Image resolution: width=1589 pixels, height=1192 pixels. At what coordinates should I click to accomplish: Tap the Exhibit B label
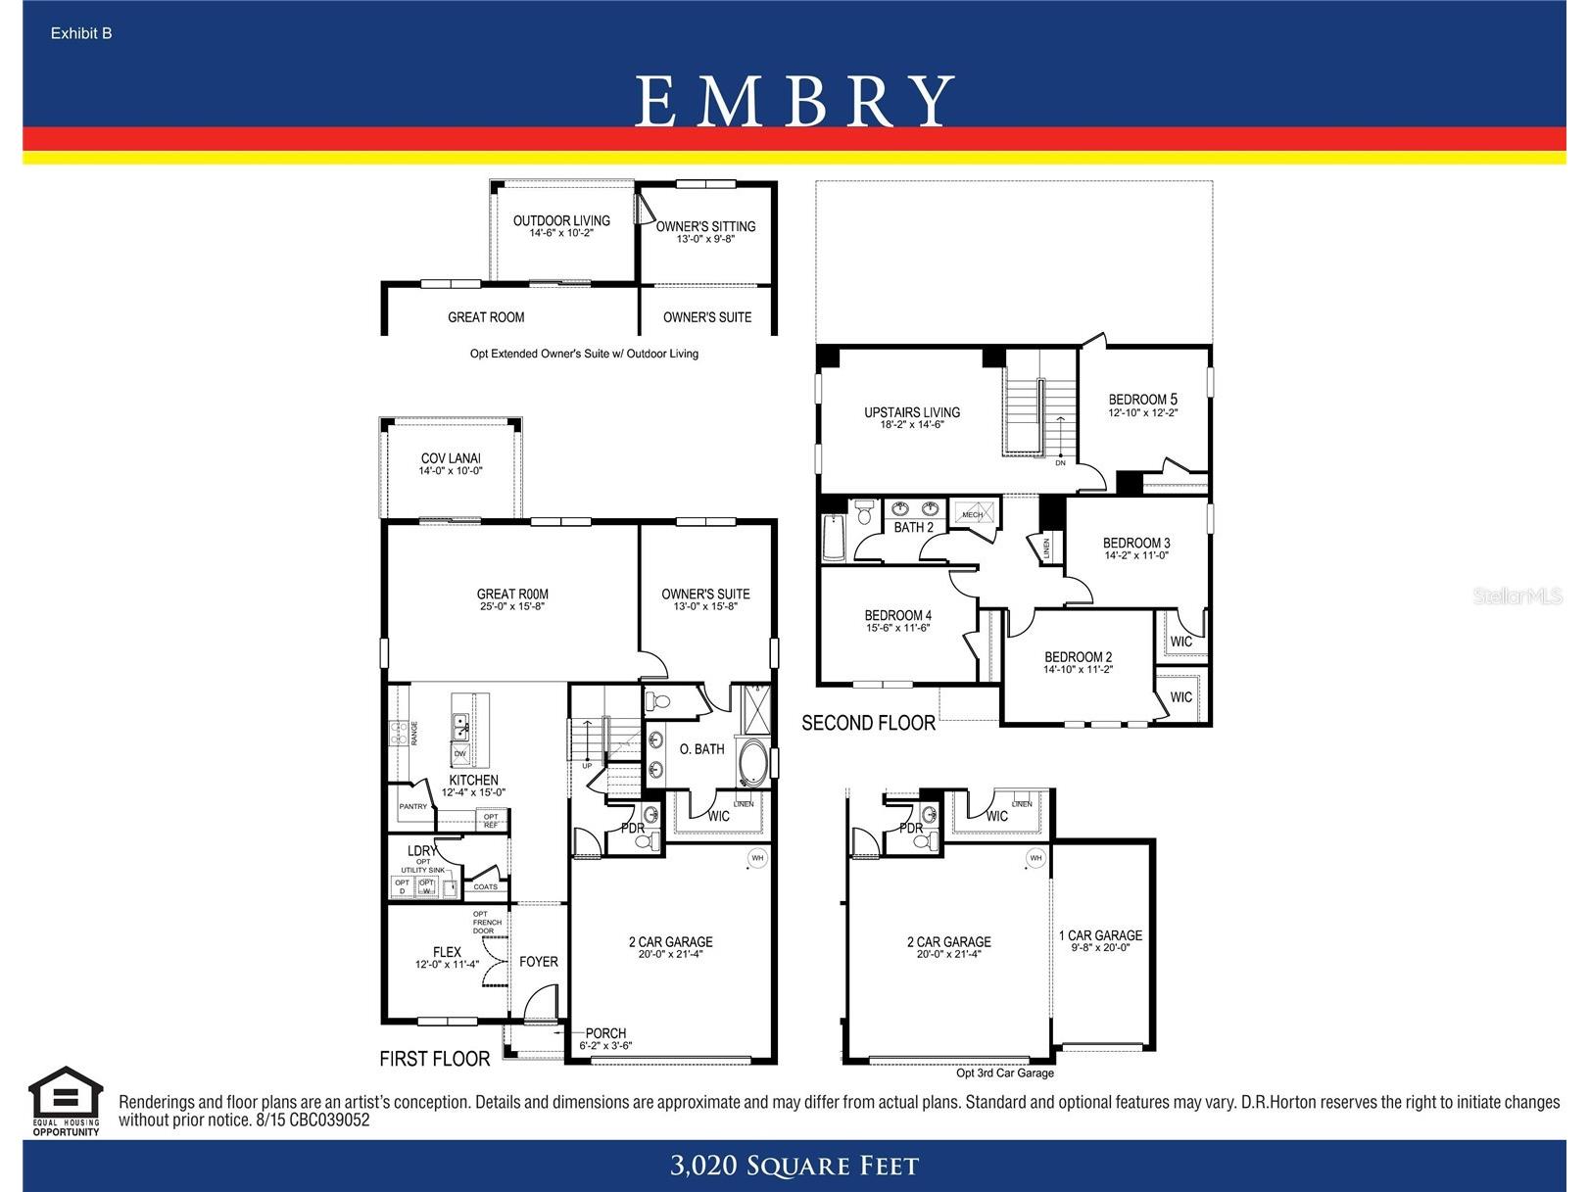[81, 33]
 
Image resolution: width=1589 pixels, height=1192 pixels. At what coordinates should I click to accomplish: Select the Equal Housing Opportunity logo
[66, 1101]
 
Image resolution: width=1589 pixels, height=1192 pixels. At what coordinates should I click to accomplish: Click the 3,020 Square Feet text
[794, 1166]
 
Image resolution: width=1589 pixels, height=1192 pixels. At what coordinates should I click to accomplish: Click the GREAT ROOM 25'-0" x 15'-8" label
[512, 599]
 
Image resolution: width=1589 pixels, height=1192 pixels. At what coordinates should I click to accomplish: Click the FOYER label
[539, 962]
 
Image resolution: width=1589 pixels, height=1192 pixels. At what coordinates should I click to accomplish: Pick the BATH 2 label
[913, 527]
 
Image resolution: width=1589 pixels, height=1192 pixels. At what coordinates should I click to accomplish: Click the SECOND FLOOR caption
[868, 723]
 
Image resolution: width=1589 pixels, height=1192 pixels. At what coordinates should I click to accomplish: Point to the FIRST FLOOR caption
[435, 1059]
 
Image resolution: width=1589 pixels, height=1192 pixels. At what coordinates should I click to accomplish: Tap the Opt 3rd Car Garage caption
[1005, 1073]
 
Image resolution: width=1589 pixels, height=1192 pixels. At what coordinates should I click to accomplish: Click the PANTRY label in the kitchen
[413, 807]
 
